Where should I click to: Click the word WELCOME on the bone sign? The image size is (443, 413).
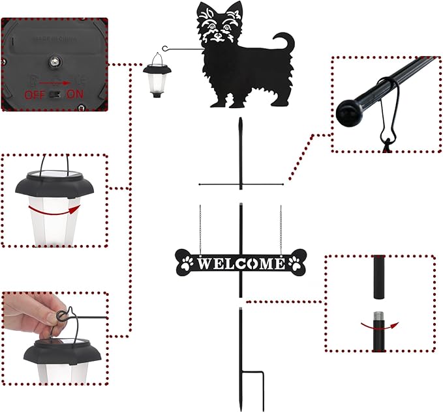click(x=241, y=263)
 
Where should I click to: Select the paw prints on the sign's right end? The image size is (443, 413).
click(x=295, y=264)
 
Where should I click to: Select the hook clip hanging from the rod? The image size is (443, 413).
click(x=386, y=117)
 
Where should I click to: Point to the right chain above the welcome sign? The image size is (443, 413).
click(x=281, y=228)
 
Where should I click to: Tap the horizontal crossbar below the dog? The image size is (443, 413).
click(x=241, y=184)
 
